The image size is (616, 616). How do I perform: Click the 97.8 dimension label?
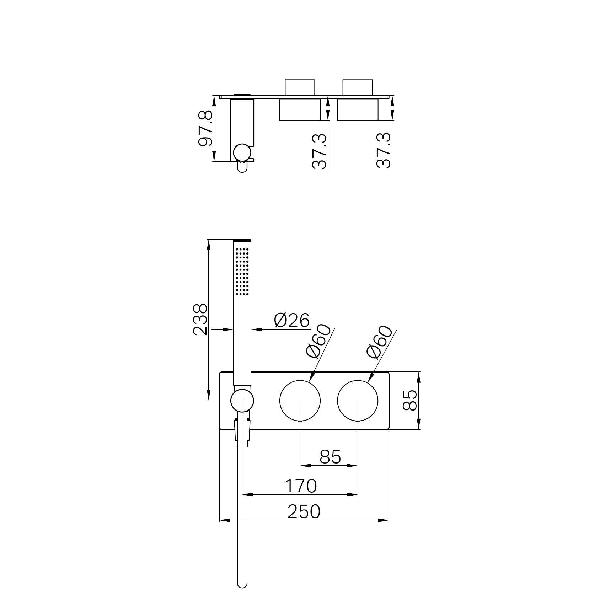click(205, 129)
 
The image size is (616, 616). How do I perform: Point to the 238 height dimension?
click(200, 319)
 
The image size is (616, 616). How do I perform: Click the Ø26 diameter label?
click(292, 321)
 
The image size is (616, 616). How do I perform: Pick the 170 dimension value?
click(301, 486)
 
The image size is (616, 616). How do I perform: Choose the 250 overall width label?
click(304, 512)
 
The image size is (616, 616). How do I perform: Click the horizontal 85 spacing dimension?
click(330, 457)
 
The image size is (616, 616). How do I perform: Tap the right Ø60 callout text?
click(379, 342)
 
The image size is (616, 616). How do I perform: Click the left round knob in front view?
click(300, 401)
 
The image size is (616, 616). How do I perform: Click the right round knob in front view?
click(358, 401)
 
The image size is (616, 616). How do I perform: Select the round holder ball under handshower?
click(242, 401)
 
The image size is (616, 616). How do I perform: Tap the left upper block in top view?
click(300, 87)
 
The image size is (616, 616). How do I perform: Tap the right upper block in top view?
click(358, 87)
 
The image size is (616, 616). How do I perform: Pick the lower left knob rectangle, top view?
click(300, 110)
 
